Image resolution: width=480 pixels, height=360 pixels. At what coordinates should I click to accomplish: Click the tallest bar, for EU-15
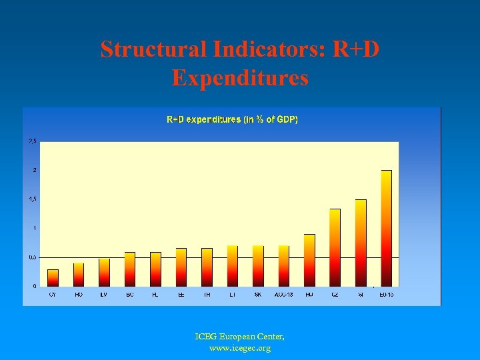click(x=386, y=228)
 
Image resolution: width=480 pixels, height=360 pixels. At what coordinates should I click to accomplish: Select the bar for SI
click(x=361, y=243)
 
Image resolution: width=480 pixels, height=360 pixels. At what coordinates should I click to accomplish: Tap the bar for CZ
click(x=335, y=247)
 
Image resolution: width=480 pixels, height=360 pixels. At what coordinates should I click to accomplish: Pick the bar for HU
click(x=309, y=260)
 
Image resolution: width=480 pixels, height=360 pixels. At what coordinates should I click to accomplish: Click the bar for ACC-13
click(x=284, y=266)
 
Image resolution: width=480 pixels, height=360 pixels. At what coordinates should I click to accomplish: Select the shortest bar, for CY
click(x=53, y=278)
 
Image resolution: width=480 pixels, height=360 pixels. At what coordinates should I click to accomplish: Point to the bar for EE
click(x=181, y=267)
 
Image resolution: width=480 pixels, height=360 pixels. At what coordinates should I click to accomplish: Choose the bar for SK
click(x=258, y=266)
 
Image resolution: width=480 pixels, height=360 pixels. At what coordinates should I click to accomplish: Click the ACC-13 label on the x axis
click(x=284, y=294)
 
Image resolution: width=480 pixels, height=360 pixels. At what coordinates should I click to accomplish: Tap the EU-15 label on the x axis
click(x=386, y=294)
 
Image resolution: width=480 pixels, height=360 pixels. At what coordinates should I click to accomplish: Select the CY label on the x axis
click(x=53, y=294)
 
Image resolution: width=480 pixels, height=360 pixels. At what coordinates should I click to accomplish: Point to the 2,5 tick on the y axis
click(x=33, y=141)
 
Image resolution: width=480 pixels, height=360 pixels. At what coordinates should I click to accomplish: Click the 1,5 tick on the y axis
click(x=33, y=199)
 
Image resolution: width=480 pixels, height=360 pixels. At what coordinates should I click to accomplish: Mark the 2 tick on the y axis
click(x=35, y=170)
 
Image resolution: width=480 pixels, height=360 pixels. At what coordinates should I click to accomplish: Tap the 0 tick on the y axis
click(x=35, y=286)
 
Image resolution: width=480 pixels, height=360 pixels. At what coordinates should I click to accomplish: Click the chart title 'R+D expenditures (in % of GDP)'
click(x=232, y=120)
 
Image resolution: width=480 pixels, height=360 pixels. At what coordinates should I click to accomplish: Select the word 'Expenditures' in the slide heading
click(x=240, y=78)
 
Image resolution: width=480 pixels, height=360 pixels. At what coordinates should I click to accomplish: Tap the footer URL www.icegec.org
click(x=240, y=348)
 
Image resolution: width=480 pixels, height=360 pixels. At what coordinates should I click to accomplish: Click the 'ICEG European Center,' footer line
click(x=240, y=337)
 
